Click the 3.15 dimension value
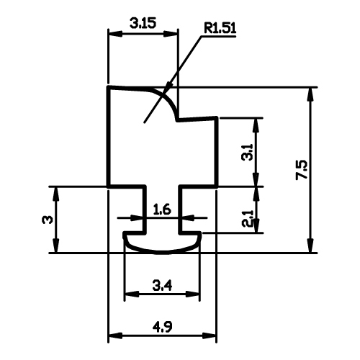tap(143, 23)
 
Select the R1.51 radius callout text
tap(220, 28)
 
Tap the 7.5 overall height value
tap(302, 169)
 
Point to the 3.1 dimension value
tap(247, 152)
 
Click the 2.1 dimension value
tap(247, 219)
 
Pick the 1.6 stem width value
tap(162, 209)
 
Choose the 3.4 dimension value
tap(162, 286)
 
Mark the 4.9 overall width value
tap(163, 327)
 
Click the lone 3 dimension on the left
tap(47, 220)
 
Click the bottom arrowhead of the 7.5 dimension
tap(311, 246)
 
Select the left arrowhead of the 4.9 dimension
tap(116, 336)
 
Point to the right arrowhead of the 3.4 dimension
tap(192, 294)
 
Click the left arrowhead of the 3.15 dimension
tap(115, 34)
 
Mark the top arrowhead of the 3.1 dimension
tap(256, 125)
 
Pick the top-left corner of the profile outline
tap(109, 87)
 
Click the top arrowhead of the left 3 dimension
tap(56, 194)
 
